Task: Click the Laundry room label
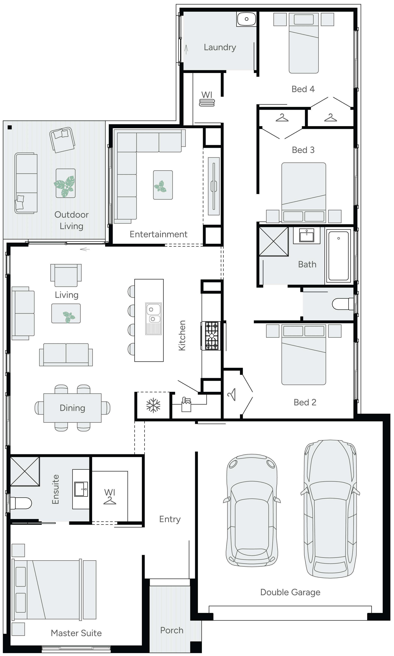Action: (220, 47)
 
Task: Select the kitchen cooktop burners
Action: (212, 336)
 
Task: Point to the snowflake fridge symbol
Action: (153, 405)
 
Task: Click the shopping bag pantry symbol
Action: (186, 405)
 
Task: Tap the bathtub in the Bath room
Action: (338, 256)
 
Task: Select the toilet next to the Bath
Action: (341, 304)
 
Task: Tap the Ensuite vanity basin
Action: (81, 489)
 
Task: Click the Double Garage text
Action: (290, 592)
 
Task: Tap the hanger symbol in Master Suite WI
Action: (110, 500)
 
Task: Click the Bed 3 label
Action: (303, 150)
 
